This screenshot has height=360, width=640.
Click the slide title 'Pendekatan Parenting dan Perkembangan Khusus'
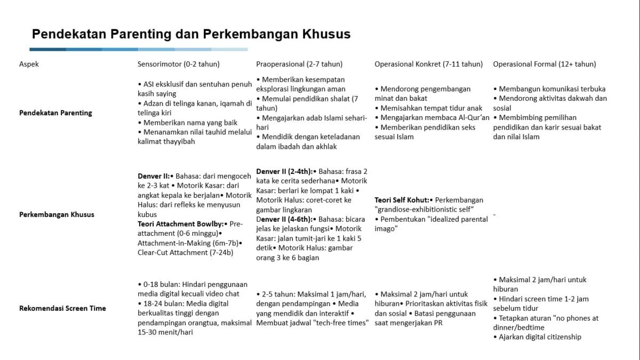point(191,35)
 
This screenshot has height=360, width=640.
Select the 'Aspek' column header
point(29,64)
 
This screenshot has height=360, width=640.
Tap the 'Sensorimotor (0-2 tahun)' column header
point(179,64)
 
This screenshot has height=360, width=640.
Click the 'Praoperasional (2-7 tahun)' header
point(299,64)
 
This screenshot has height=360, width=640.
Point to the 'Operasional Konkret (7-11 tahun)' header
point(428,64)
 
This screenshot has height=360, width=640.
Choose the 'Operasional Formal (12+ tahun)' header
point(544,64)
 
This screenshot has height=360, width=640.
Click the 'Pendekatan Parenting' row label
point(55,113)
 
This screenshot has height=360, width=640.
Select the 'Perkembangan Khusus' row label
point(57,214)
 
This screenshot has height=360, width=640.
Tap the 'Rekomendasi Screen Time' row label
point(62,308)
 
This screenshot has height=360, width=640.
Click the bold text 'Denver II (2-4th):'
point(284,171)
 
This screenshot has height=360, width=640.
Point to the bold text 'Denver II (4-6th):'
point(284,219)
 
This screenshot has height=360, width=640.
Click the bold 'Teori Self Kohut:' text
point(403,200)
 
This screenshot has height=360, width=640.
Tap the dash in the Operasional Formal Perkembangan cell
point(494,214)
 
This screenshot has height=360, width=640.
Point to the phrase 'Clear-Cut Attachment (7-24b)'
point(185,252)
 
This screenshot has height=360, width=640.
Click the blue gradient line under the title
point(139,50)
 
